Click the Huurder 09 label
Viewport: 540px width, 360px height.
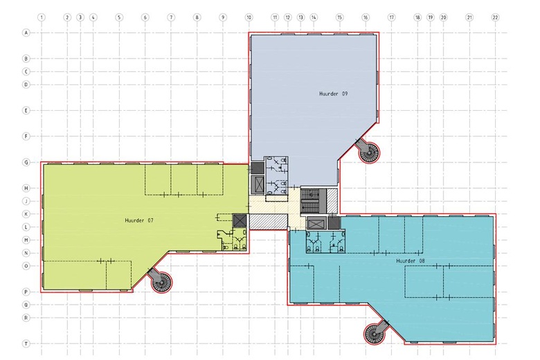(x=334, y=93)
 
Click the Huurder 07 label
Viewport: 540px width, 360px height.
(x=138, y=220)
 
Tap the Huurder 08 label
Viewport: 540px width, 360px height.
(x=410, y=261)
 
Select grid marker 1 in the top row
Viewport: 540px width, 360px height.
(x=42, y=17)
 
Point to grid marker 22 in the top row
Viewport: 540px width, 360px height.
(x=495, y=17)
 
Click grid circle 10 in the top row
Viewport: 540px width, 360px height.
(x=249, y=17)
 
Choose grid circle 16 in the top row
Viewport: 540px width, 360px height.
(x=366, y=17)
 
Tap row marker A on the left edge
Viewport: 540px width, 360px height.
(x=26, y=33)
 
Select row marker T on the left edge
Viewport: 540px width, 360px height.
(x=26, y=343)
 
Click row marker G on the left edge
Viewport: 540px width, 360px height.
(x=26, y=162)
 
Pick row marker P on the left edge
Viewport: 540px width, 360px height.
(x=26, y=291)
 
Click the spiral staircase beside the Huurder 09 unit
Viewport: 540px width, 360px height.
(x=368, y=152)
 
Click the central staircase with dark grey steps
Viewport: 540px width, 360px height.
(x=314, y=200)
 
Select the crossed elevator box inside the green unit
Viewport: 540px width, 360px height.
(x=240, y=220)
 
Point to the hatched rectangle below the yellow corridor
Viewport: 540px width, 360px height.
(x=269, y=222)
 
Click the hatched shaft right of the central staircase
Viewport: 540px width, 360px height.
(x=332, y=201)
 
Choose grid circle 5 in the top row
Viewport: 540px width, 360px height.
(x=119, y=17)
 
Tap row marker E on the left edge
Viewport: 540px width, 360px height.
(x=26, y=111)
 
